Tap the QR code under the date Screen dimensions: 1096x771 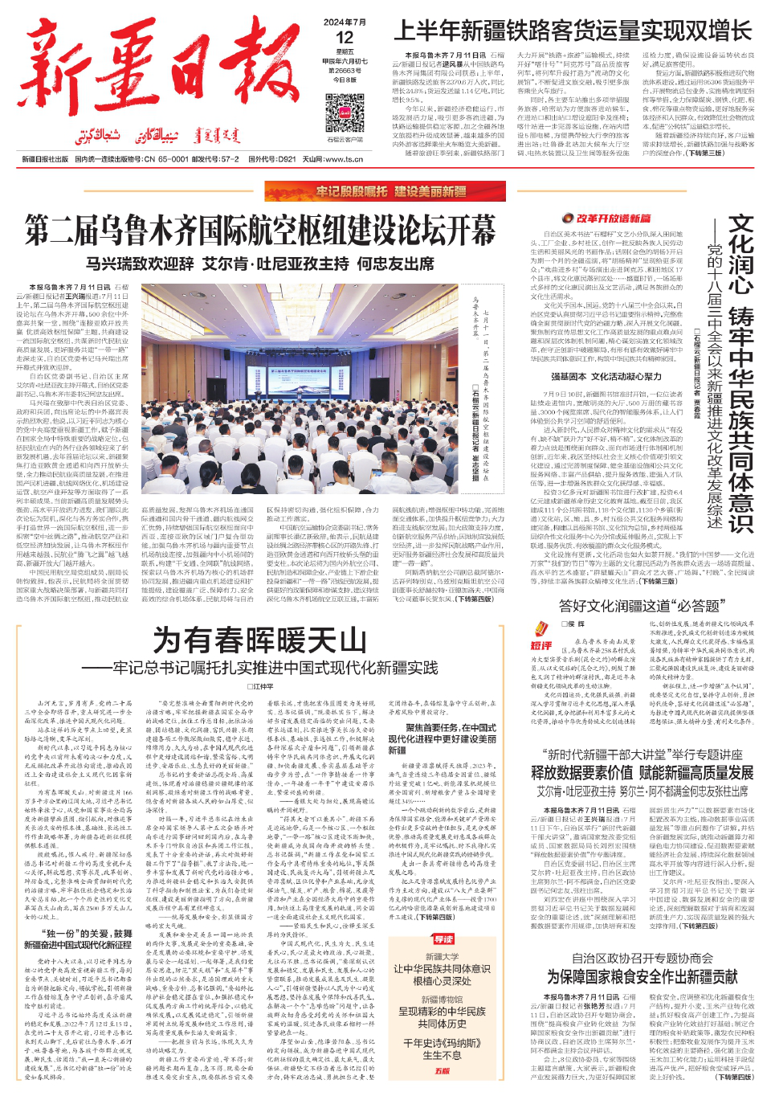pos(345,113)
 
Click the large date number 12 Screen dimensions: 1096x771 pos(345,38)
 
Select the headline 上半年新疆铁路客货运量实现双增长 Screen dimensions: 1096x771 pos(573,31)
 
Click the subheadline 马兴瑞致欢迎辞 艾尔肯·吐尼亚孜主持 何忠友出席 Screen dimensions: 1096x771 pos(260,264)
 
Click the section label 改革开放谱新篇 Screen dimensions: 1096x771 pos(607,219)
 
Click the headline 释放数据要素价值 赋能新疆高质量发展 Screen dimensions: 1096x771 pos(642,772)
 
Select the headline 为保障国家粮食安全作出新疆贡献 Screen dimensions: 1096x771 pos(642,976)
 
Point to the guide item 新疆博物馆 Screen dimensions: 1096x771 pos(443,1000)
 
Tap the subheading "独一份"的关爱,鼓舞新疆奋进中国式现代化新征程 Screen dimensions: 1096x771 pos(78,939)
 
